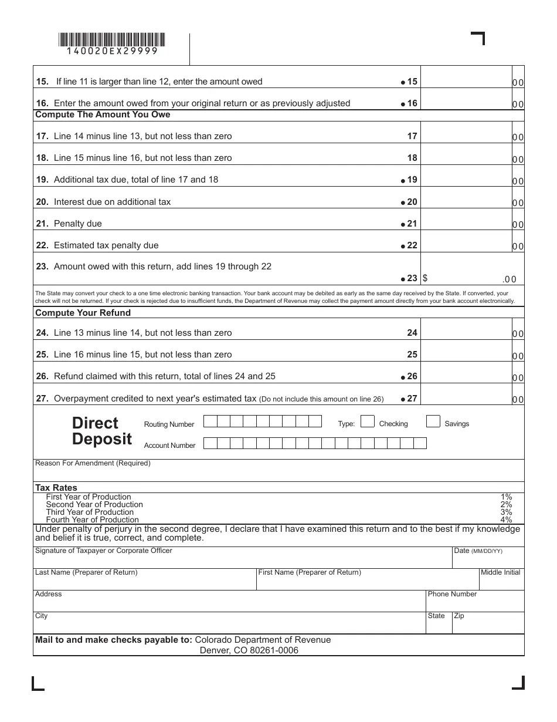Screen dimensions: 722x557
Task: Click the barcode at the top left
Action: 111,40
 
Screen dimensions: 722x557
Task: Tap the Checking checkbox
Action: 368,421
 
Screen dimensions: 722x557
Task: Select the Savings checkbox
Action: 433,421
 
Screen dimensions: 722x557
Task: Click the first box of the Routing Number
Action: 210,421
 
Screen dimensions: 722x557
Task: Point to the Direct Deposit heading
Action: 102,431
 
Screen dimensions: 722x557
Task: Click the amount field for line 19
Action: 466,180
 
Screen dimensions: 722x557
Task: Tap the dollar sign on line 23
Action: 425,279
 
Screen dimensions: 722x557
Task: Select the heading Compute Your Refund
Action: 83,313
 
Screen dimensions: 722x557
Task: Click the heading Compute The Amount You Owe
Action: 103,114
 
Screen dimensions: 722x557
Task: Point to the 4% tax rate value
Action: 506,519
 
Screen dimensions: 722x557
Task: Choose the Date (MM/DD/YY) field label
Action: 478,551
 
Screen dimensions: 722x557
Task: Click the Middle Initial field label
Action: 500,572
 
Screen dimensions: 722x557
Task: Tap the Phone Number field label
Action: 452,594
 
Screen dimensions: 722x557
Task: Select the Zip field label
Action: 459,616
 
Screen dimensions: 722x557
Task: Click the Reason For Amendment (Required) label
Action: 93,463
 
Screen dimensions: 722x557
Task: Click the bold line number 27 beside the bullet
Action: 412,399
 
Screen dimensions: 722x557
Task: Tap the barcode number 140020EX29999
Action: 112,52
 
